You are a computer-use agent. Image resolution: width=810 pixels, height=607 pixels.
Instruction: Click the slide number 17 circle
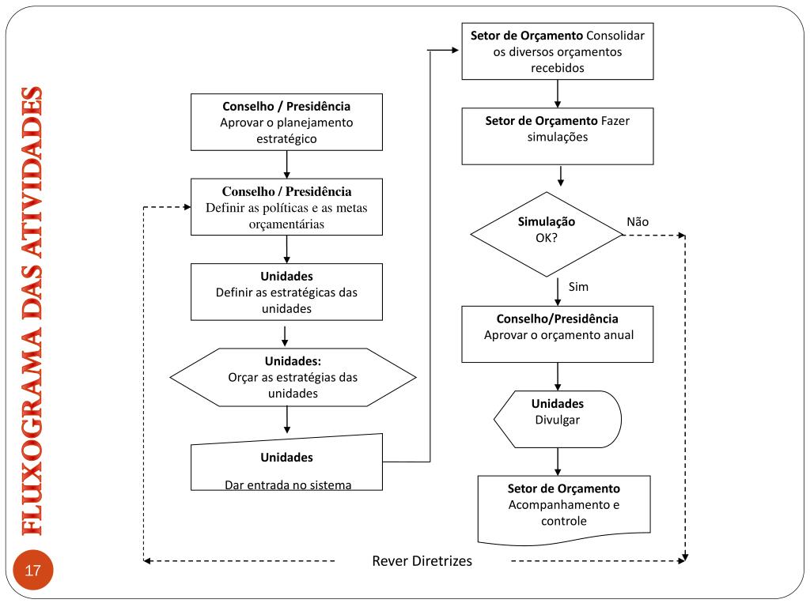click(33, 570)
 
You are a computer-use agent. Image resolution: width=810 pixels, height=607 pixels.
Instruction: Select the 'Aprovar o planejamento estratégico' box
click(286, 123)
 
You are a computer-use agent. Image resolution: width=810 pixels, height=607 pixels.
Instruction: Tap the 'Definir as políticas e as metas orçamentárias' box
click(286, 207)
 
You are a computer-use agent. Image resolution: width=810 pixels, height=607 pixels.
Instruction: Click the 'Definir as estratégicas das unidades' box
click(286, 292)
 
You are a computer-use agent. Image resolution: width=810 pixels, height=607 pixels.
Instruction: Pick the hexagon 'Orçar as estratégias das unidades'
click(293, 377)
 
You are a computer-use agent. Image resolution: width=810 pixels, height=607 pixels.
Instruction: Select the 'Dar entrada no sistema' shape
click(286, 462)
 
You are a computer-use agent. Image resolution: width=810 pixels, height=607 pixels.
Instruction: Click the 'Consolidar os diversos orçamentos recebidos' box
click(558, 51)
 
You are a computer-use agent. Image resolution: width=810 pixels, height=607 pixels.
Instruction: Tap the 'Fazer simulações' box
click(558, 136)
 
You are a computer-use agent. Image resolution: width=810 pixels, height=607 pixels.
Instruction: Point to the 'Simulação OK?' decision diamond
click(547, 234)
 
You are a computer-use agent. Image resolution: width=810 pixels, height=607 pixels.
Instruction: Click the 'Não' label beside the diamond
click(638, 222)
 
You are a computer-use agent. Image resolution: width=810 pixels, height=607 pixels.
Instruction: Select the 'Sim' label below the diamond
click(578, 286)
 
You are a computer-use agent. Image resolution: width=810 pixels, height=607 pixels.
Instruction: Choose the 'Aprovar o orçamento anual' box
click(558, 334)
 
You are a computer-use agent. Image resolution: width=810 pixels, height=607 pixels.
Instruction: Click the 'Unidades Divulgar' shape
click(558, 419)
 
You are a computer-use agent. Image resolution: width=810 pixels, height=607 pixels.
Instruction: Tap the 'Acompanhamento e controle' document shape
click(563, 508)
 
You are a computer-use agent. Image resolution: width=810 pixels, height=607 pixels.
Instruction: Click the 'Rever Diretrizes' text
click(422, 561)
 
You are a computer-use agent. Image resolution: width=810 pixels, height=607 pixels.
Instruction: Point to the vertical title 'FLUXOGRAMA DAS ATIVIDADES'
click(32, 311)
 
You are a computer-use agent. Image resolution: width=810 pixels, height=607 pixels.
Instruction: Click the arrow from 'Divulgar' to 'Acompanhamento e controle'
click(558, 462)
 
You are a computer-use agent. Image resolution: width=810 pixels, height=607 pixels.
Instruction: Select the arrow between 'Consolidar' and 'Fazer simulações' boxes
click(558, 93)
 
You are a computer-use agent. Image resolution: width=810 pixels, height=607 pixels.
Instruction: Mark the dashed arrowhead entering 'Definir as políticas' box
click(187, 207)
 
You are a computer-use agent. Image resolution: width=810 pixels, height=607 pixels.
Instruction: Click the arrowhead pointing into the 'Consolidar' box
click(455, 50)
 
